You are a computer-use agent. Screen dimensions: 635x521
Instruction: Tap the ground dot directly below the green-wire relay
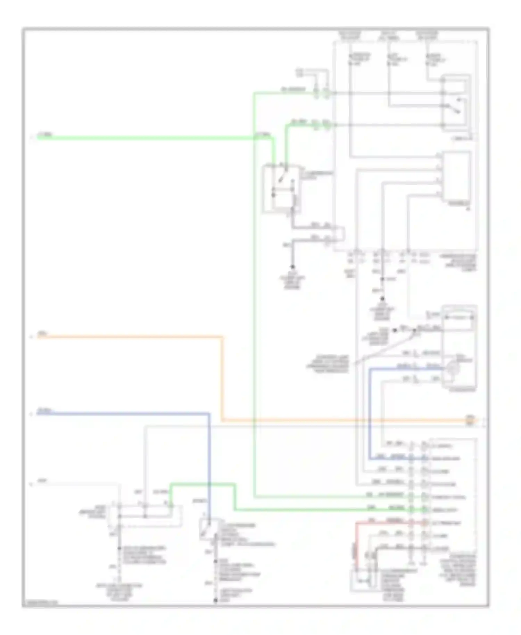tap(292, 267)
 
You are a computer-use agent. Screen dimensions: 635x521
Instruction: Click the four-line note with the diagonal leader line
tap(327, 364)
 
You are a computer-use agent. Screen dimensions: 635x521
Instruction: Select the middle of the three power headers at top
tap(389, 36)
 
